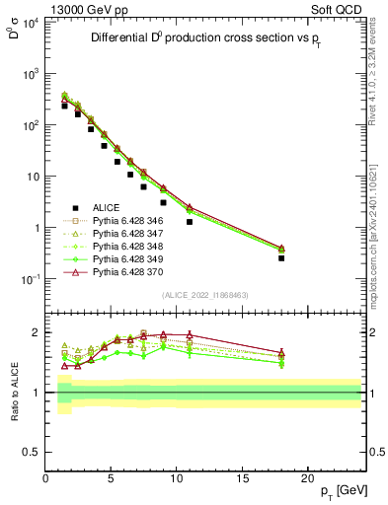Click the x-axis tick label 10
(x=176, y=479)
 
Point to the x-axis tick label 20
(x=307, y=479)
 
